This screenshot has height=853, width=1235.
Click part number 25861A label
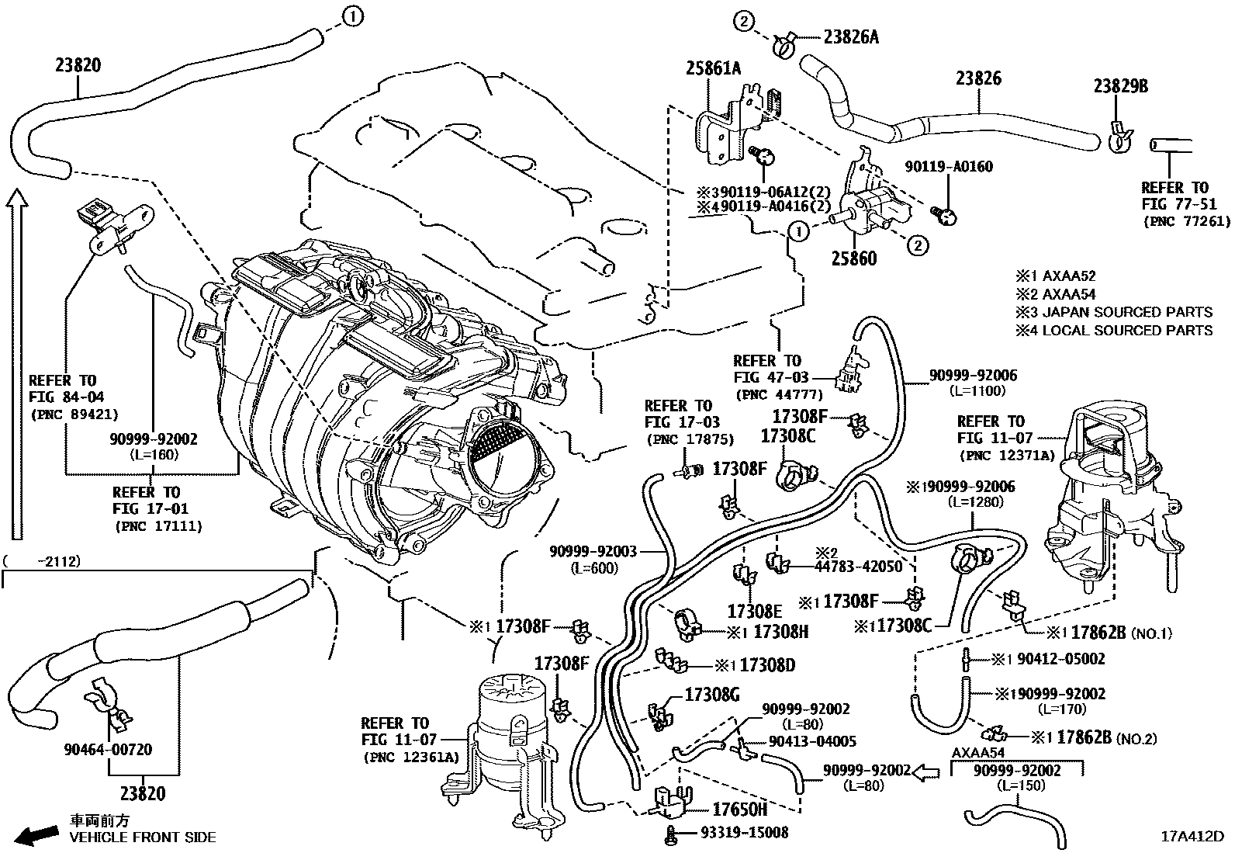pyautogui.click(x=712, y=69)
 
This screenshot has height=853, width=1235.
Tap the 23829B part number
pyautogui.click(x=1121, y=86)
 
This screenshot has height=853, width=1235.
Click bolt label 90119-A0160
pyautogui.click(x=949, y=166)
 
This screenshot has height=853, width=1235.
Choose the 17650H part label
pyautogui.click(x=739, y=810)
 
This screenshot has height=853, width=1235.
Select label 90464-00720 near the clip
pyautogui.click(x=108, y=750)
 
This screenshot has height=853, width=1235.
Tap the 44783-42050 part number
pyautogui.click(x=858, y=567)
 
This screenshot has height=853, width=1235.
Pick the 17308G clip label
pyautogui.click(x=712, y=695)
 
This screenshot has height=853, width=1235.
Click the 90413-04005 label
pyautogui.click(x=812, y=741)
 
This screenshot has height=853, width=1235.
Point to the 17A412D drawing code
pyautogui.click(x=1192, y=837)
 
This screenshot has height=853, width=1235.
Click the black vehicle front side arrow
pyautogui.click(x=37, y=835)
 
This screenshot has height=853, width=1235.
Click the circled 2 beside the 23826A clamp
pyautogui.click(x=742, y=23)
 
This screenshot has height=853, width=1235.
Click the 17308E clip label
pyautogui.click(x=755, y=611)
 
